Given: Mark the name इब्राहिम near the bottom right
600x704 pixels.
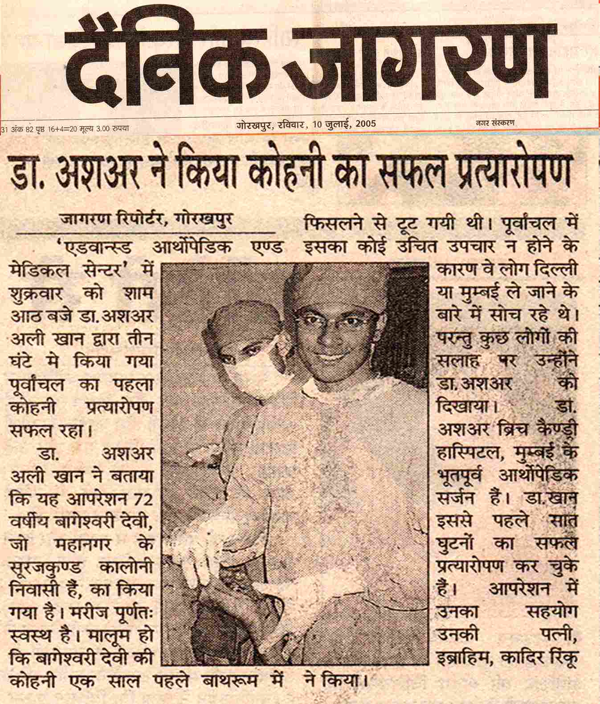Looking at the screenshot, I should (x=469, y=659).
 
